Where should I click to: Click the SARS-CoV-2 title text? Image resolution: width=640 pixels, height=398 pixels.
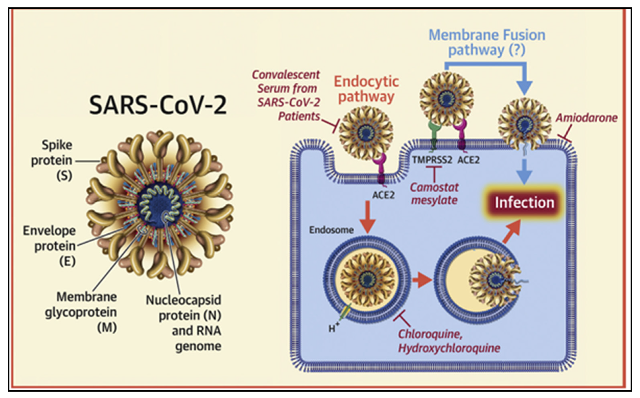pos(158,105)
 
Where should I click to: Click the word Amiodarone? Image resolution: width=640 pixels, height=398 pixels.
pos(586,118)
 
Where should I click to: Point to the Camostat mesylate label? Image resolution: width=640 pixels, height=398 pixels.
pos(434,194)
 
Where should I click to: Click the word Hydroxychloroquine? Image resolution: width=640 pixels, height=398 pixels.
pos(449,348)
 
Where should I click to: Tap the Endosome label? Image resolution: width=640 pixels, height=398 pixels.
pos(331,230)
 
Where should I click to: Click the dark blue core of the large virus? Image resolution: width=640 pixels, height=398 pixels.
pos(159,204)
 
